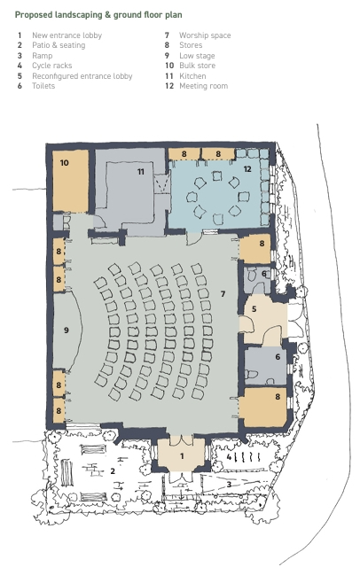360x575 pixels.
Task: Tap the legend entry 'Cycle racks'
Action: pyautogui.click(x=51, y=66)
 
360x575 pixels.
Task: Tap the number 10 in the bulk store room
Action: pyautogui.click(x=65, y=163)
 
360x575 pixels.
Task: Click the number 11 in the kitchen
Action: pyautogui.click(x=140, y=172)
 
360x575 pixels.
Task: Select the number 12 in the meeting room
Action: pyautogui.click(x=247, y=168)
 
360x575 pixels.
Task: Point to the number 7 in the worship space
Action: pyautogui.click(x=223, y=293)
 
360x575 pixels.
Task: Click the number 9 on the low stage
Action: pyautogui.click(x=66, y=330)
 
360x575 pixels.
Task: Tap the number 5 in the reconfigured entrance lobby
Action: pyautogui.click(x=254, y=308)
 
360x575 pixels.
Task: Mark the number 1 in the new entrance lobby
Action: pyautogui.click(x=182, y=455)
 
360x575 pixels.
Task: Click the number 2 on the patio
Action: pyautogui.click(x=113, y=470)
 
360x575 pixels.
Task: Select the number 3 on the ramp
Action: pyautogui.click(x=230, y=484)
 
